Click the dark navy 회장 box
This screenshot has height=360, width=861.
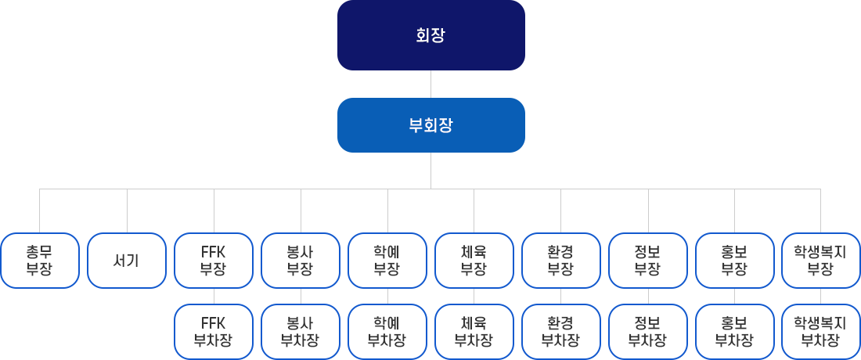tap(430, 35)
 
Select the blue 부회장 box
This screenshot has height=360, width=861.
tap(430, 125)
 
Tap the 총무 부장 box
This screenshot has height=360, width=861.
tap(40, 261)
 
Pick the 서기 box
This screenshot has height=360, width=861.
tap(127, 261)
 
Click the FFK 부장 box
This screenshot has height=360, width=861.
tap(214, 261)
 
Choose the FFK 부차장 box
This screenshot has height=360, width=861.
tap(214, 332)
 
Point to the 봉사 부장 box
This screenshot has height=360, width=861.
tap(301, 261)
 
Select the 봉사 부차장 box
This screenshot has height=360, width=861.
tap(301, 332)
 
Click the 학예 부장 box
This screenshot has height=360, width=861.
tap(387, 261)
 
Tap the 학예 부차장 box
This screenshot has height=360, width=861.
tap(387, 332)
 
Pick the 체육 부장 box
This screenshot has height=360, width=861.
tap(474, 261)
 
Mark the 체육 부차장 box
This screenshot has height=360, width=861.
tap(474, 332)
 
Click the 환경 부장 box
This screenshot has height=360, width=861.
tap(561, 261)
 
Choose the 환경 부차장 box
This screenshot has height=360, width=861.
tap(561, 332)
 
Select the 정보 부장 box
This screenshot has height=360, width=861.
tap(648, 261)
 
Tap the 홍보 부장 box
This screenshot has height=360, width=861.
tap(735, 261)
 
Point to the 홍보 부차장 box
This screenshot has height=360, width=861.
tap(735, 332)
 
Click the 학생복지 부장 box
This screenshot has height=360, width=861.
tap(821, 261)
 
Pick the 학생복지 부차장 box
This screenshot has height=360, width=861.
tap(821, 332)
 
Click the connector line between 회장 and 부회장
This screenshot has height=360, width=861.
tap(430, 85)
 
